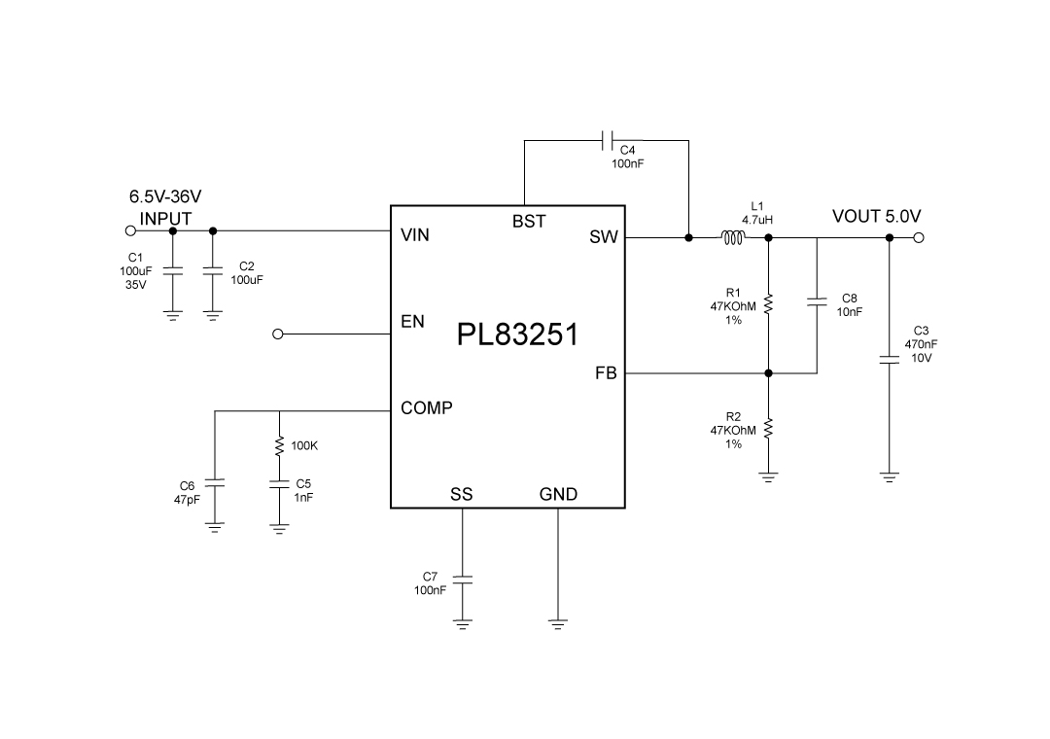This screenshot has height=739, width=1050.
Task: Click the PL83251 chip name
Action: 517,335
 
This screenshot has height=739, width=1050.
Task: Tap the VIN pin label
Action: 415,235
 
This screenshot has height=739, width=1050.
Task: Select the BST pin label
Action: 529,222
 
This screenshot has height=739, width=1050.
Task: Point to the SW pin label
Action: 604,237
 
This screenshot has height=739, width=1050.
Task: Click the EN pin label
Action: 412,322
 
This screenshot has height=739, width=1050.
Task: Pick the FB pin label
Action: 606,372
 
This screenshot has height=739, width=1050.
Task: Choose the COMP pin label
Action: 427,409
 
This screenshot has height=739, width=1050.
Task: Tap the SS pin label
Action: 462,494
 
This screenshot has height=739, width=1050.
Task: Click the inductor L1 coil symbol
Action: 731,237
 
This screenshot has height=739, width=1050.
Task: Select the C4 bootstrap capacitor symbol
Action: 608,140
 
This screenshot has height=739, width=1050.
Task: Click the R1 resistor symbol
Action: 768,305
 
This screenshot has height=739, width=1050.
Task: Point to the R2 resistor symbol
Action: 768,429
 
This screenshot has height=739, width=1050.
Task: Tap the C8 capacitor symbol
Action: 817,303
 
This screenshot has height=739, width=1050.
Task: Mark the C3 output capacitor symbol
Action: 889,359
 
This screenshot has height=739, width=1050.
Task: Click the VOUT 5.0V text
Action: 876,216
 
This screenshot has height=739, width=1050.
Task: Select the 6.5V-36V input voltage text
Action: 165,196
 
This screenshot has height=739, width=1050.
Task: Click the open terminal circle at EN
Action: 278,334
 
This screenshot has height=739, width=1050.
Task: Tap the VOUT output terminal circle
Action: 919,237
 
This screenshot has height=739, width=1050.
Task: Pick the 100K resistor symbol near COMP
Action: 280,445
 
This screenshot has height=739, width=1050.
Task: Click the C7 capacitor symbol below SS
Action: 462,580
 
